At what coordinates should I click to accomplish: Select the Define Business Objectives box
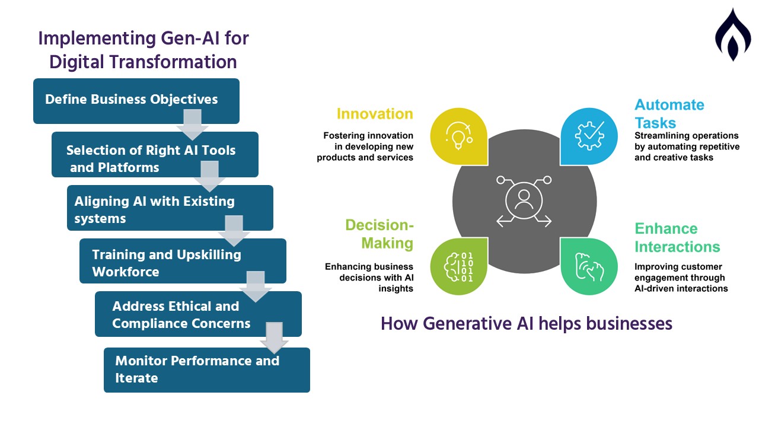tap(136, 101)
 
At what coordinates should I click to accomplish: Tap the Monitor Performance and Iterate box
tap(207, 370)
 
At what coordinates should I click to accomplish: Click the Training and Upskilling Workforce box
tap(183, 261)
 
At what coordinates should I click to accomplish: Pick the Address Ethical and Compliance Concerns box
tap(198, 314)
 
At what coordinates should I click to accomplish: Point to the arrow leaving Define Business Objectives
tap(193, 125)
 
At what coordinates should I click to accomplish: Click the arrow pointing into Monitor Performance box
tap(274, 338)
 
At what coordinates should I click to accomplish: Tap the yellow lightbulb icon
tap(459, 136)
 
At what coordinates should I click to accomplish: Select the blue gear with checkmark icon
tap(589, 136)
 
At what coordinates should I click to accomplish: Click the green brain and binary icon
tap(459, 267)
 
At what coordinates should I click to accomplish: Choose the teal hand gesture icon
tap(589, 267)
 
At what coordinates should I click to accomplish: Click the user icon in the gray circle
tap(524, 200)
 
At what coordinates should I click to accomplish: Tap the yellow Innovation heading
tap(375, 114)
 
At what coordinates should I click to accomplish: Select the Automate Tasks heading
tap(669, 114)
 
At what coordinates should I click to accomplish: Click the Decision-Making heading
tap(379, 234)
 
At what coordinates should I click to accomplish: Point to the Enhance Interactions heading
tap(677, 238)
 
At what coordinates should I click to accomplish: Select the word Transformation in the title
tap(173, 62)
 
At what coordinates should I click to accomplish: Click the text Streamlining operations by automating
tap(687, 141)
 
